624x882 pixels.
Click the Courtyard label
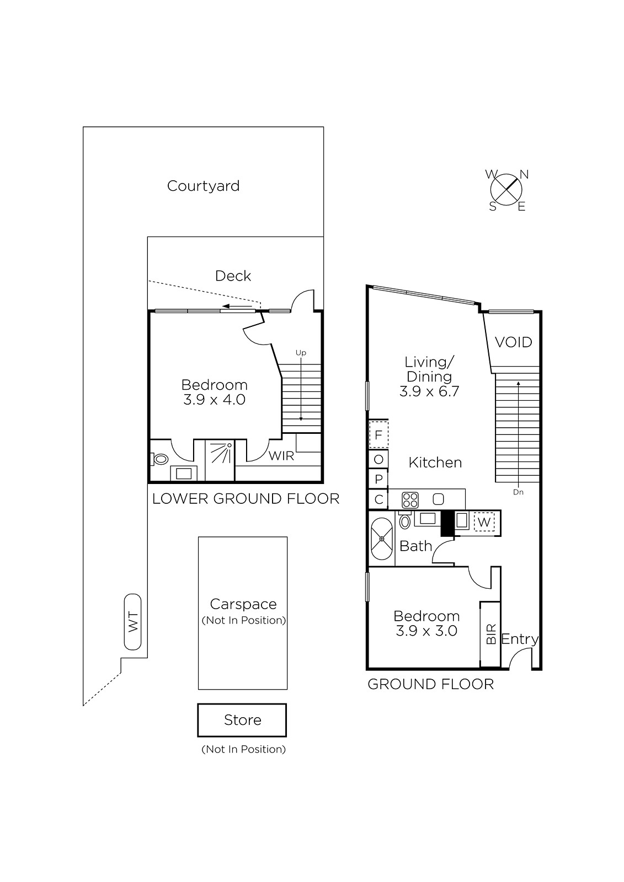(x=203, y=186)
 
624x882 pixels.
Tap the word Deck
(x=233, y=276)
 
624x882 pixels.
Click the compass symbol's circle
(x=506, y=190)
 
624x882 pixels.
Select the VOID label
(x=513, y=342)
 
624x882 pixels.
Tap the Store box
(x=242, y=720)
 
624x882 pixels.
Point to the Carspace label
(x=243, y=604)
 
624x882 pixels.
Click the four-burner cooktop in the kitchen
(x=410, y=500)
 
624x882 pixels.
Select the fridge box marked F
(x=378, y=435)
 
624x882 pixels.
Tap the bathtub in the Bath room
(x=382, y=539)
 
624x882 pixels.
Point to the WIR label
(x=281, y=455)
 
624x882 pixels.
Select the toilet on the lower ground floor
(x=159, y=459)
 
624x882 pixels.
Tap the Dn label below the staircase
(x=518, y=492)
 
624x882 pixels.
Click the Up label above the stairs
(x=301, y=353)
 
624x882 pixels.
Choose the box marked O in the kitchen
(x=378, y=460)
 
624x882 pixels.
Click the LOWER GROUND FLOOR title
(x=246, y=499)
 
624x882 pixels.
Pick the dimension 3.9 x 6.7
(x=429, y=391)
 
